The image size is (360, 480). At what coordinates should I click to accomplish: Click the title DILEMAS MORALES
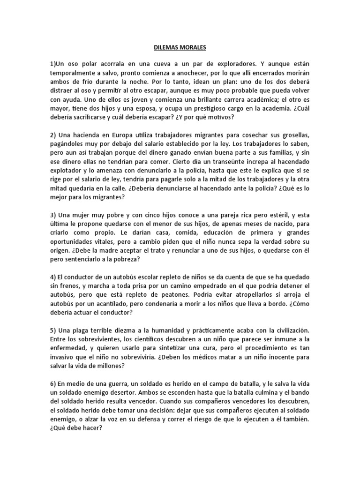click(180, 47)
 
